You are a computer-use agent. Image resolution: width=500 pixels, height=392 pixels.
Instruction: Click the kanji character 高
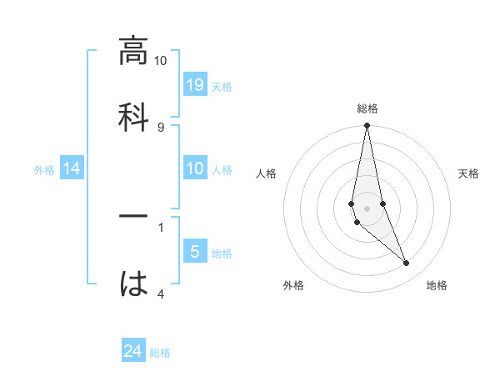133,51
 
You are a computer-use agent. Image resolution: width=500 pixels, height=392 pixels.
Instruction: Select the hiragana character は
133,284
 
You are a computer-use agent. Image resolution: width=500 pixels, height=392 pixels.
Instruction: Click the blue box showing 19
194,85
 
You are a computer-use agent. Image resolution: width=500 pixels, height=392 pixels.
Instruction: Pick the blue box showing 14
72,168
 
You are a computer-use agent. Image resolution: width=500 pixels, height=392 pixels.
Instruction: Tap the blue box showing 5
194,252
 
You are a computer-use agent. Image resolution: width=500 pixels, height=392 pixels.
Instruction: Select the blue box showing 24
133,352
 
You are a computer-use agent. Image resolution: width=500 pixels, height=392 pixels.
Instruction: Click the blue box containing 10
194,168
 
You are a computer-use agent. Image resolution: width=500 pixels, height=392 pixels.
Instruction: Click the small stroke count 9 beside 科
161,127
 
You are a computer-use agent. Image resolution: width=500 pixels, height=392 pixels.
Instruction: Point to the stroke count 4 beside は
161,294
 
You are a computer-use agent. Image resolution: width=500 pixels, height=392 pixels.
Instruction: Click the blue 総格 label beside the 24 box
160,353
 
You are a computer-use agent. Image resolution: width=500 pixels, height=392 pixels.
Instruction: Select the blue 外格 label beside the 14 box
44,169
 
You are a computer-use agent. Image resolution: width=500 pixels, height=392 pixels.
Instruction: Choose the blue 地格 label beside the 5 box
222,253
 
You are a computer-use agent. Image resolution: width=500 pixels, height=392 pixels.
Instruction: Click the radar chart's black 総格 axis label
367,108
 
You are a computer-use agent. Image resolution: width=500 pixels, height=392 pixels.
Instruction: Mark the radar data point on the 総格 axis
367,126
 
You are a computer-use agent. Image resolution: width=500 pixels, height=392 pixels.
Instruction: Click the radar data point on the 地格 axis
407,264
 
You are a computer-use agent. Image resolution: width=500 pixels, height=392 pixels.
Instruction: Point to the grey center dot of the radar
367,208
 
